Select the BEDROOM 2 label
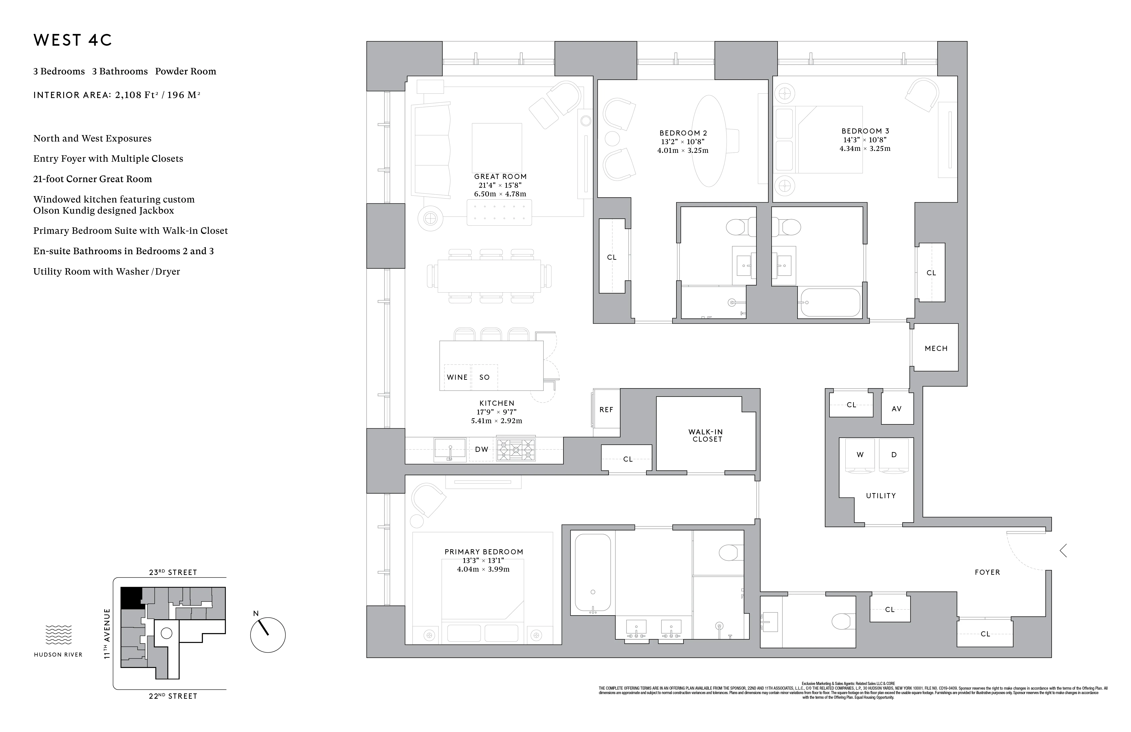pyautogui.click(x=683, y=133)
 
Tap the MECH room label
pyautogui.click(x=936, y=348)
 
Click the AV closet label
pyautogui.click(x=896, y=409)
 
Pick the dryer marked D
pyautogui.click(x=894, y=455)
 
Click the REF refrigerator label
pyautogui.click(x=606, y=410)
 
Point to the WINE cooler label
pyautogui.click(x=457, y=377)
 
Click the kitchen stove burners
pyautogui.click(x=516, y=449)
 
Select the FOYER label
pyautogui.click(x=987, y=572)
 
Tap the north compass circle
pyautogui.click(x=267, y=635)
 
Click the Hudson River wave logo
pyautogui.click(x=58, y=635)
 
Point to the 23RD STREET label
pyautogui.click(x=173, y=572)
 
